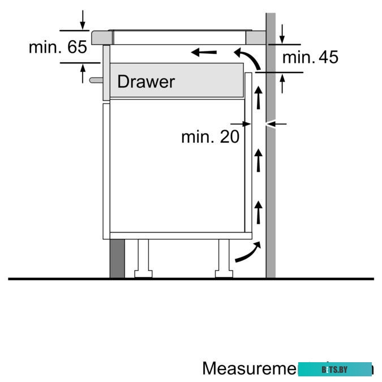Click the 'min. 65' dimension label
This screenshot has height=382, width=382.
tap(58, 47)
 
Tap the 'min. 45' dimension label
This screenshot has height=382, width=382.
tap(310, 57)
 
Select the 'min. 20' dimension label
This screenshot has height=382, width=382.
tap(210, 136)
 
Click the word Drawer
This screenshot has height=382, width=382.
tap(145, 81)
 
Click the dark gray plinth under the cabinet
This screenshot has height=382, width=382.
tap(117, 258)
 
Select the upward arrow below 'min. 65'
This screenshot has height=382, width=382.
tap(83, 74)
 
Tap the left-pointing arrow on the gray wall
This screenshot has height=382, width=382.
tap(277, 123)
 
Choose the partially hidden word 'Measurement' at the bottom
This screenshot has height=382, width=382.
tap(249, 368)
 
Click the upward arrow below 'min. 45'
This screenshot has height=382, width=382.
tap(282, 83)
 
